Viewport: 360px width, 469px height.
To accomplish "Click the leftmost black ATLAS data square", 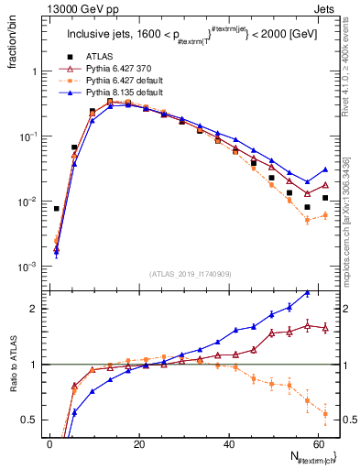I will [x=57, y=209].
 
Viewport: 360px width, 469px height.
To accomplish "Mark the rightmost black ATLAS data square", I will [x=325, y=198].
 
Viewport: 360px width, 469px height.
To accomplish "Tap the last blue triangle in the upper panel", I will [x=325, y=169].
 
